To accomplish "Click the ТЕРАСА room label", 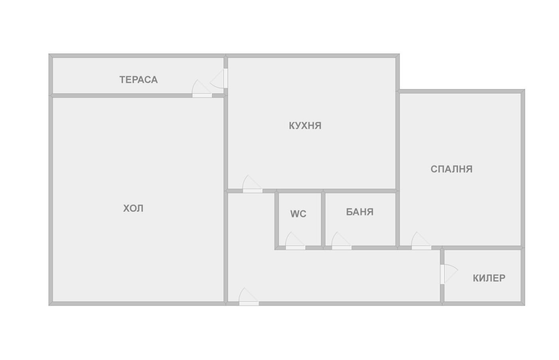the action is click(x=139, y=80).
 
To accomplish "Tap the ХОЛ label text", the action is click(x=133, y=209).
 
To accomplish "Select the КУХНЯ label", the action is click(x=305, y=125).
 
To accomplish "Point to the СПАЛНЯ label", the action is click(x=452, y=169).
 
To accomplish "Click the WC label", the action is click(x=298, y=214).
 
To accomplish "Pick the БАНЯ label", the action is click(x=360, y=212).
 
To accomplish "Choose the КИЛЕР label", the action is click(x=489, y=278).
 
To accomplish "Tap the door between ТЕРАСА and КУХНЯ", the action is click(x=219, y=78).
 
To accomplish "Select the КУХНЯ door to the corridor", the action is click(x=252, y=184).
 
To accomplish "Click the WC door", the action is click(x=295, y=241).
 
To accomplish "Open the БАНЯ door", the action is click(x=341, y=241).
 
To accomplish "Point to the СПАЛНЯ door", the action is click(x=421, y=241).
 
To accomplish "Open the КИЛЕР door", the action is click(x=449, y=274).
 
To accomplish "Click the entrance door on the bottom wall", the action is click(x=249, y=297).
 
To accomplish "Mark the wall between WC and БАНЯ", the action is click(x=323, y=219).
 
